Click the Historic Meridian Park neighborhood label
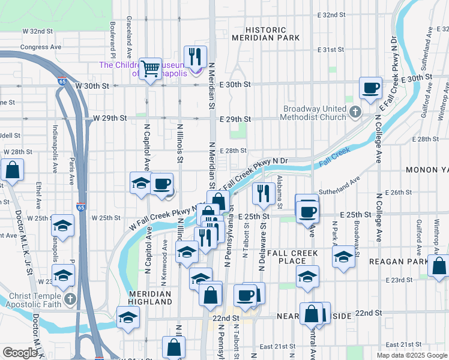pos(273,34)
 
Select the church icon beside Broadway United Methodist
pos(355,112)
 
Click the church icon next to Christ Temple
pos(70,299)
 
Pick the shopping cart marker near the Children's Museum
pos(150,68)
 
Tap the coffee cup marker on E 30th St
pos(370,88)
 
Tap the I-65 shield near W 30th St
pos(62,80)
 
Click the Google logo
pos(20,353)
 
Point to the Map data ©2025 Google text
pos(412,355)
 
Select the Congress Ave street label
pos(41,46)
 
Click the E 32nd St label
pos(332,14)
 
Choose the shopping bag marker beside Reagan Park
pos(439,265)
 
